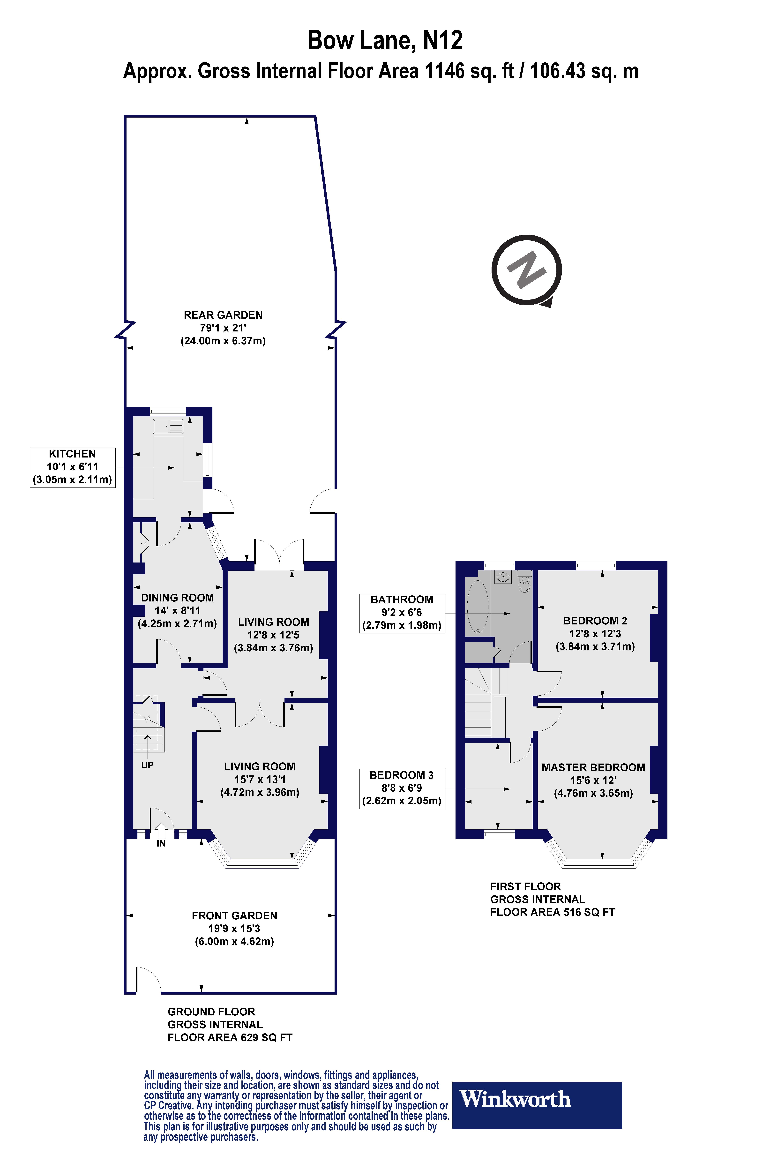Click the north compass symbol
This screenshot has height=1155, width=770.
[x=526, y=271]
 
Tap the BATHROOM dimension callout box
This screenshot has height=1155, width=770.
[x=402, y=613]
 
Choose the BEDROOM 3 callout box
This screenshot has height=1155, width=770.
[x=402, y=788]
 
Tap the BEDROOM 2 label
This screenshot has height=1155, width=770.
[x=595, y=621]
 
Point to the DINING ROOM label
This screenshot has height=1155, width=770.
[x=177, y=598]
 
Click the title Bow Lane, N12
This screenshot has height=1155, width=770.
[x=385, y=40]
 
